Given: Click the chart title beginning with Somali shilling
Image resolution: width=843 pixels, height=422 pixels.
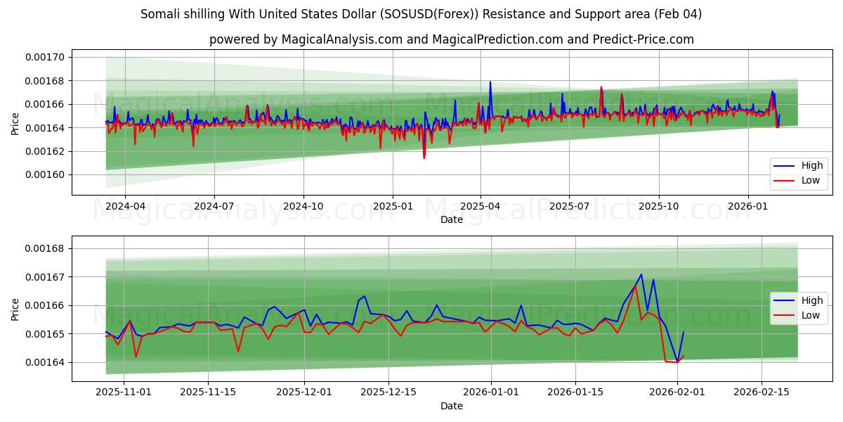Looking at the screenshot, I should (421, 14).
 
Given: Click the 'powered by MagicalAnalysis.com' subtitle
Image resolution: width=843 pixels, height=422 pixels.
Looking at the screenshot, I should (451, 39).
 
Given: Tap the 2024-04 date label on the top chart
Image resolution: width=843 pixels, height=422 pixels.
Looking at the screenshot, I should (124, 207).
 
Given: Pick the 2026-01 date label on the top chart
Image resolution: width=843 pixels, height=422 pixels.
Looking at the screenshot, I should (747, 207).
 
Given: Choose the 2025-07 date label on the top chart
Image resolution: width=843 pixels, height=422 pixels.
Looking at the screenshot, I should (568, 207).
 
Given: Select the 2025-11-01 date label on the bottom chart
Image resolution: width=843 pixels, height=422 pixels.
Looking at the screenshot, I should (124, 392).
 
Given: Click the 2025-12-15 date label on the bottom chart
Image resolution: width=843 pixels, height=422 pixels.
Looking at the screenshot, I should (388, 392).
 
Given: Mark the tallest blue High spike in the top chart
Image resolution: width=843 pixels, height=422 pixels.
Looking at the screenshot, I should (490, 82).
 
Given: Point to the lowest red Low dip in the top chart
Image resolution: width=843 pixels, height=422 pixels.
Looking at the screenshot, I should (424, 158).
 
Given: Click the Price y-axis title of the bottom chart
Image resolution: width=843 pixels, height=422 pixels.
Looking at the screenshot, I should (15, 309).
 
